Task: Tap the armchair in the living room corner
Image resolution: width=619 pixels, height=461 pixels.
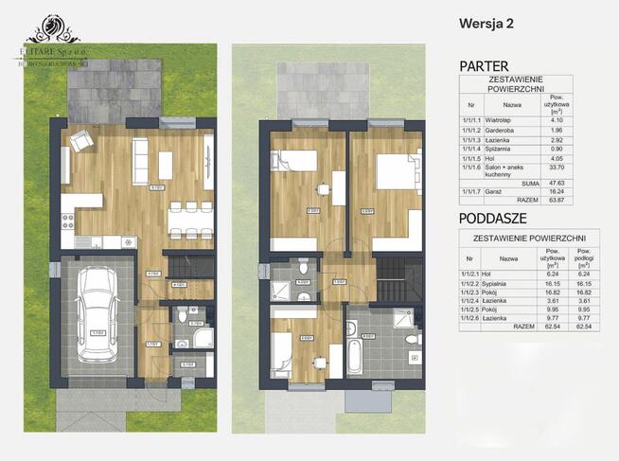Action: pyautogui.click(x=81, y=141)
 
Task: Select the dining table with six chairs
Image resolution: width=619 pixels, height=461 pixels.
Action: pyautogui.click(x=183, y=220)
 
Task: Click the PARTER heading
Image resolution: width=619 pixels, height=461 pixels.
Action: pyautogui.click(x=484, y=65)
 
